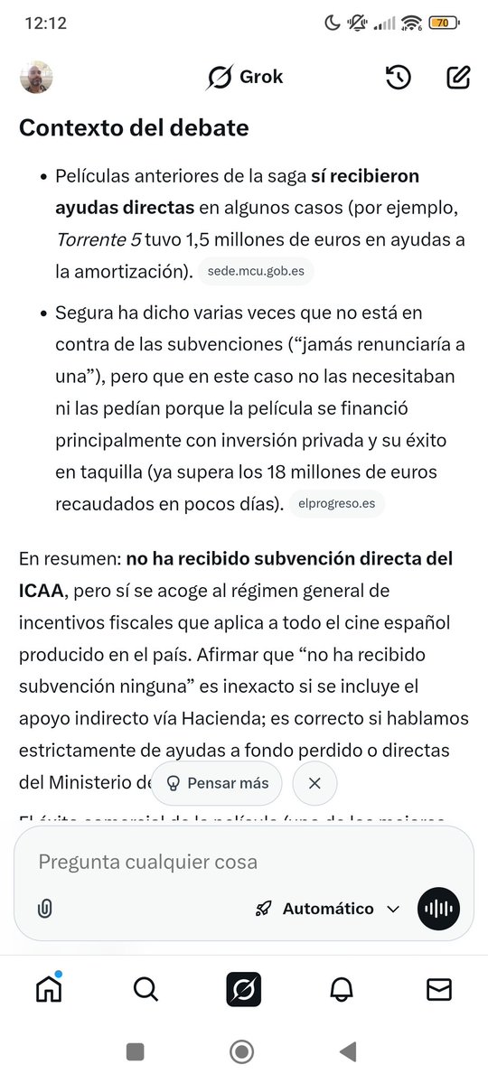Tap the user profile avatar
click(x=36, y=77)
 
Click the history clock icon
click(x=399, y=78)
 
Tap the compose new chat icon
click(x=458, y=78)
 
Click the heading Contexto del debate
click(x=134, y=127)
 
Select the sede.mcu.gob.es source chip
click(x=257, y=270)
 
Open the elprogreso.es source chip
click(x=336, y=503)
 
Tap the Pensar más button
click(x=217, y=783)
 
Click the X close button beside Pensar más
click(x=314, y=783)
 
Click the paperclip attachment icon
click(x=44, y=909)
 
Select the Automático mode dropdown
click(x=327, y=909)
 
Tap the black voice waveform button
click(x=438, y=909)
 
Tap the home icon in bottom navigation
click(x=49, y=990)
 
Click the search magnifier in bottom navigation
click(x=145, y=990)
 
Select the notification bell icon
click(x=341, y=990)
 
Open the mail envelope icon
click(x=438, y=990)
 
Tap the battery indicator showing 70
click(x=443, y=23)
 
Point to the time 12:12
click(x=46, y=23)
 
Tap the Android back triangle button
click(x=347, y=1050)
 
